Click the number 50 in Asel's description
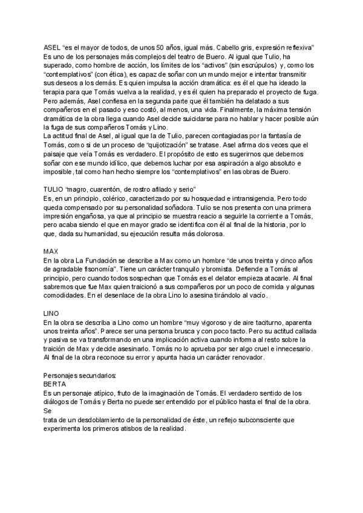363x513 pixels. (x=160, y=48)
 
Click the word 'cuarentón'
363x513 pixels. (x=122, y=190)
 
